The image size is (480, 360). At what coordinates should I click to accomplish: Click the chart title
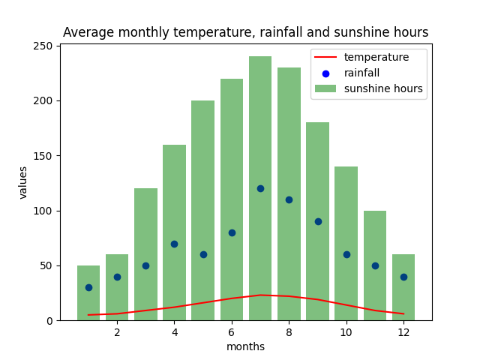tap(245, 33)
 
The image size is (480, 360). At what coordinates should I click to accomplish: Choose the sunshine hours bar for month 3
tap(145, 254)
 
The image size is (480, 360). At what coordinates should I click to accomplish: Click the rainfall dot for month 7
tap(260, 188)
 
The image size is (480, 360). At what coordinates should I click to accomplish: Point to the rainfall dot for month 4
tap(174, 244)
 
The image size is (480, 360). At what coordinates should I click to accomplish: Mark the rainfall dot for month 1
tap(88, 287)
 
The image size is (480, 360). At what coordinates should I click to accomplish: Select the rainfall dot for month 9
tap(318, 221)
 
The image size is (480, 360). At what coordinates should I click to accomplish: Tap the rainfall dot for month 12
tap(403, 277)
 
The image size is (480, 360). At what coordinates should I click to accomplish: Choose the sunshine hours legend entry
tap(382, 88)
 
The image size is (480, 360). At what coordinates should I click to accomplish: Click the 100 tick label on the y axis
tap(44, 211)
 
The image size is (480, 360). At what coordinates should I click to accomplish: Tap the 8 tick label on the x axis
tap(289, 331)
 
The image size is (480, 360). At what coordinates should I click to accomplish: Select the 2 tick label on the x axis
tap(117, 331)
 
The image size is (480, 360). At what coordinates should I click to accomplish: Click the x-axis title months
tap(245, 346)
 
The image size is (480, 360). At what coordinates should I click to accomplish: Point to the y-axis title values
tap(23, 182)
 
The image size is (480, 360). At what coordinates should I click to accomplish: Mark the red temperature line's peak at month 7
tap(260, 295)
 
